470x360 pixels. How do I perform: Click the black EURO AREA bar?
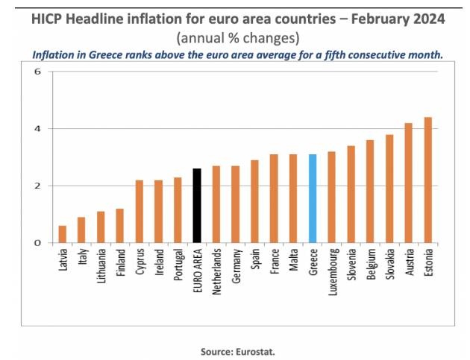tap(197, 206)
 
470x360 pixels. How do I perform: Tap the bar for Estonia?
tap(427, 180)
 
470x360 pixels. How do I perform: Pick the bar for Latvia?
tap(62, 234)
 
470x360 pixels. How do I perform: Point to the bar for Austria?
tap(408, 183)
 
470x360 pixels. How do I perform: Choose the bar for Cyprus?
tap(139, 211)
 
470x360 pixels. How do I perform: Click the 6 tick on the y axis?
tap(37, 72)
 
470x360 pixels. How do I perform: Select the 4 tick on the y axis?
tap(37, 129)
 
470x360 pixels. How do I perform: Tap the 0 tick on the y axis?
tap(37, 243)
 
